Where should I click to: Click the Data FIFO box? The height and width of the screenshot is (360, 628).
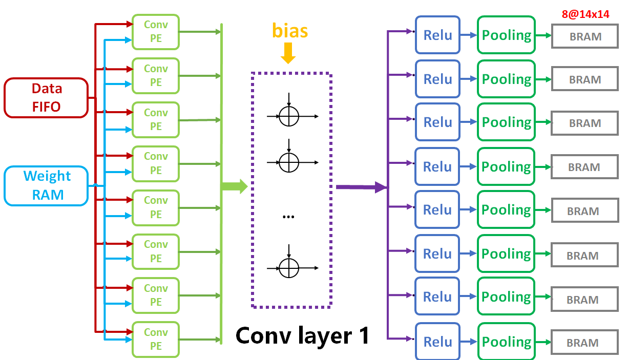click(46, 97)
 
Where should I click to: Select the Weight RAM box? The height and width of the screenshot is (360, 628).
click(46, 185)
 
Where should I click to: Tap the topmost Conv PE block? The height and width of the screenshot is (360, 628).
click(156, 32)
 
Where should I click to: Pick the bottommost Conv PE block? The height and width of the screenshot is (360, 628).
click(156, 339)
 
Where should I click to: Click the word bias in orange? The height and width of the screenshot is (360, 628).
click(290, 31)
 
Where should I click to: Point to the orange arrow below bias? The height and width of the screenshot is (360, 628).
click(288, 53)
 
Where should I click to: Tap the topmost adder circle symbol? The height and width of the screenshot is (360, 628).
click(289, 116)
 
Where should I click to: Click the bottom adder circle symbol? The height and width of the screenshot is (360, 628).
click(289, 268)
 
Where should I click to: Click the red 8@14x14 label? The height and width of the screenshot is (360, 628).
click(585, 14)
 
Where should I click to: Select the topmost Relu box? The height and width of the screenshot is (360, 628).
click(437, 35)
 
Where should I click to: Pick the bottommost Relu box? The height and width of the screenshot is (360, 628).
click(437, 342)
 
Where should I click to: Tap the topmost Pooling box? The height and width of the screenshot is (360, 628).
click(506, 35)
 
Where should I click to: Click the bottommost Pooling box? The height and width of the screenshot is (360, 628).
click(506, 342)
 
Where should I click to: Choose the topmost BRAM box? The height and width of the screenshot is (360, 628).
click(584, 37)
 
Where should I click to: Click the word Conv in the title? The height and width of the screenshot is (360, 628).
click(263, 335)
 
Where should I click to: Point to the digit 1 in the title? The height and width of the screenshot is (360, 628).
click(363, 335)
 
